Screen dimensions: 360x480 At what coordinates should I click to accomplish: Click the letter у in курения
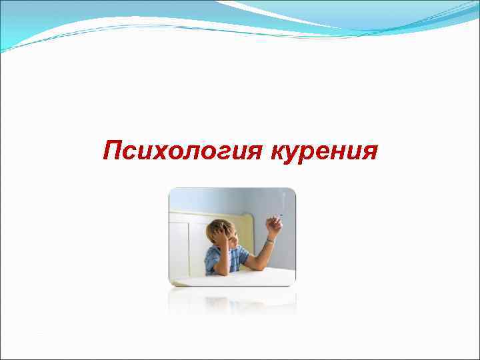[x=295, y=153]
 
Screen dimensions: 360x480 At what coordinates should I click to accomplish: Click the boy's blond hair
[x=216, y=227]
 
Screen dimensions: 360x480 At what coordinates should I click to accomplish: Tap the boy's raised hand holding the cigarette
[x=273, y=227]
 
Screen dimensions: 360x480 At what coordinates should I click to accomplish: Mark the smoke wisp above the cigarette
[x=283, y=200]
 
